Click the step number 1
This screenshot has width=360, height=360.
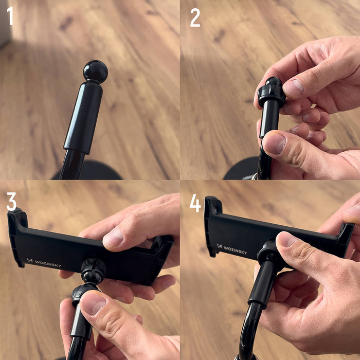click(x=10, y=16)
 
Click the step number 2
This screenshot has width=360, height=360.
click(x=195, y=17)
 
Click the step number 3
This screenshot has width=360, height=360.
click(x=11, y=201)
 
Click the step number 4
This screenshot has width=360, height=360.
click(x=195, y=203)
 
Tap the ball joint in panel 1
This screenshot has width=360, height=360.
click(x=96, y=71)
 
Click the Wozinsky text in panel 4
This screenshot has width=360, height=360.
click(x=235, y=249)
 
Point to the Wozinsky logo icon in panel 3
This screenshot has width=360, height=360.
click(x=29, y=260)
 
